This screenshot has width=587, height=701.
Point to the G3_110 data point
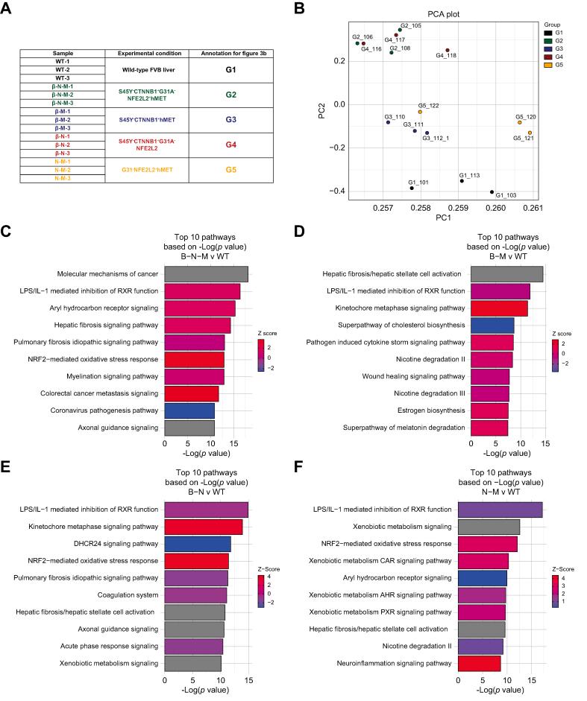(x=389, y=122)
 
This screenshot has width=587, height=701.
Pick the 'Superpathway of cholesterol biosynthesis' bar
(x=492, y=325)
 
